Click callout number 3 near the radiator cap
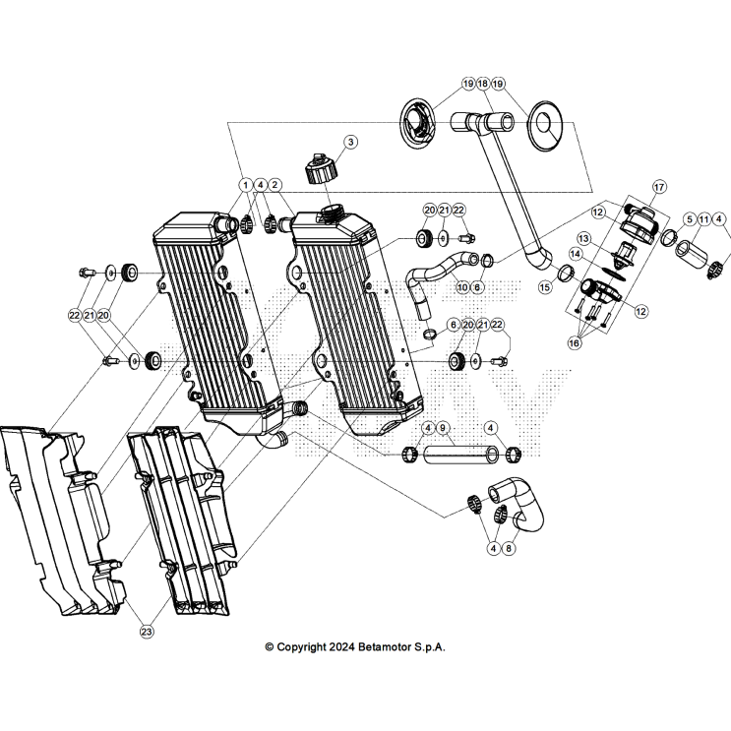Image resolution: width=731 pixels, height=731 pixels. [x=350, y=142]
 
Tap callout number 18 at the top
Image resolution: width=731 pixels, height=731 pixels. [x=482, y=84]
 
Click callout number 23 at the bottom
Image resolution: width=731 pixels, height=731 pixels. [x=147, y=631]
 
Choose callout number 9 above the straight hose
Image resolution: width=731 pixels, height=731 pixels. [x=443, y=428]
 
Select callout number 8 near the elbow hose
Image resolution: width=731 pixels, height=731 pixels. [x=509, y=548]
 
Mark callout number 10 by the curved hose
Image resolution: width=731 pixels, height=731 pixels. [x=462, y=286]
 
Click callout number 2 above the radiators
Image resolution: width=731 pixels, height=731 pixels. [x=275, y=184]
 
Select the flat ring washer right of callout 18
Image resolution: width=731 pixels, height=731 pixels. [x=540, y=124]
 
